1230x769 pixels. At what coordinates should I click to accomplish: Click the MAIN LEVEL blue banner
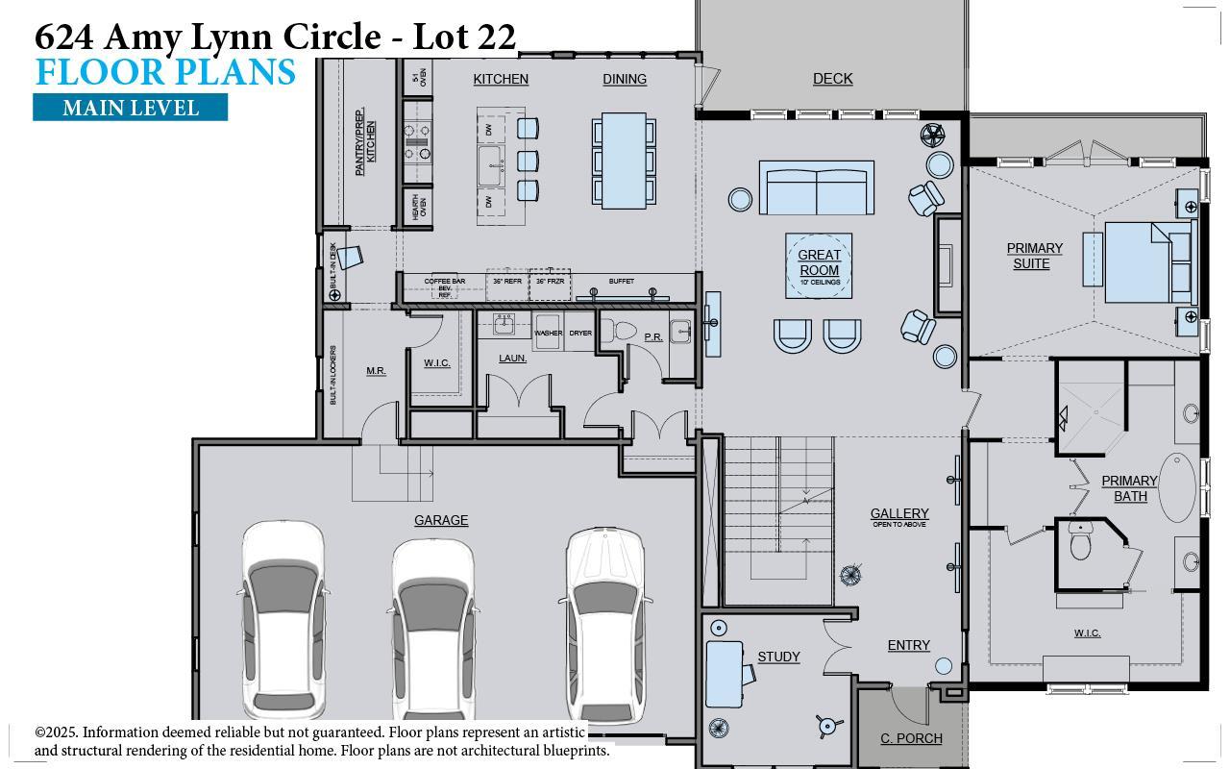tap(130, 108)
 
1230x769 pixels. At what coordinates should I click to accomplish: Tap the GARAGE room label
tap(441, 520)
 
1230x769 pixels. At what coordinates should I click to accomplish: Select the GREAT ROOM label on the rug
tap(819, 262)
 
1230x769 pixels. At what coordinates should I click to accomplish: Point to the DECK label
tap(832, 79)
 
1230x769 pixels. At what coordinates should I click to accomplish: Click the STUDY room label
tap(778, 657)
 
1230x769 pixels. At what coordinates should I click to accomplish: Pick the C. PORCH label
tap(911, 738)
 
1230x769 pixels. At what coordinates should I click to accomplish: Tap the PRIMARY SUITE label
tap(1034, 256)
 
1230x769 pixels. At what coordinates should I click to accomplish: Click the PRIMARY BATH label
tap(1129, 487)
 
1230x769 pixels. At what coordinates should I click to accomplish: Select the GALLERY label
tap(899, 514)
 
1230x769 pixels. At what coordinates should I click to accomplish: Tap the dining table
tap(624, 161)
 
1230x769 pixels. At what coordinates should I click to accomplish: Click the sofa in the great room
tap(817, 187)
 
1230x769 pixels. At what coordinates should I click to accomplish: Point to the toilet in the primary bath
tap(1081, 542)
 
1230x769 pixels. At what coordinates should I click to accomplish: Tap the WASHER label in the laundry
tap(548, 333)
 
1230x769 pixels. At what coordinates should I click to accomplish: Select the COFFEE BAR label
tap(445, 282)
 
